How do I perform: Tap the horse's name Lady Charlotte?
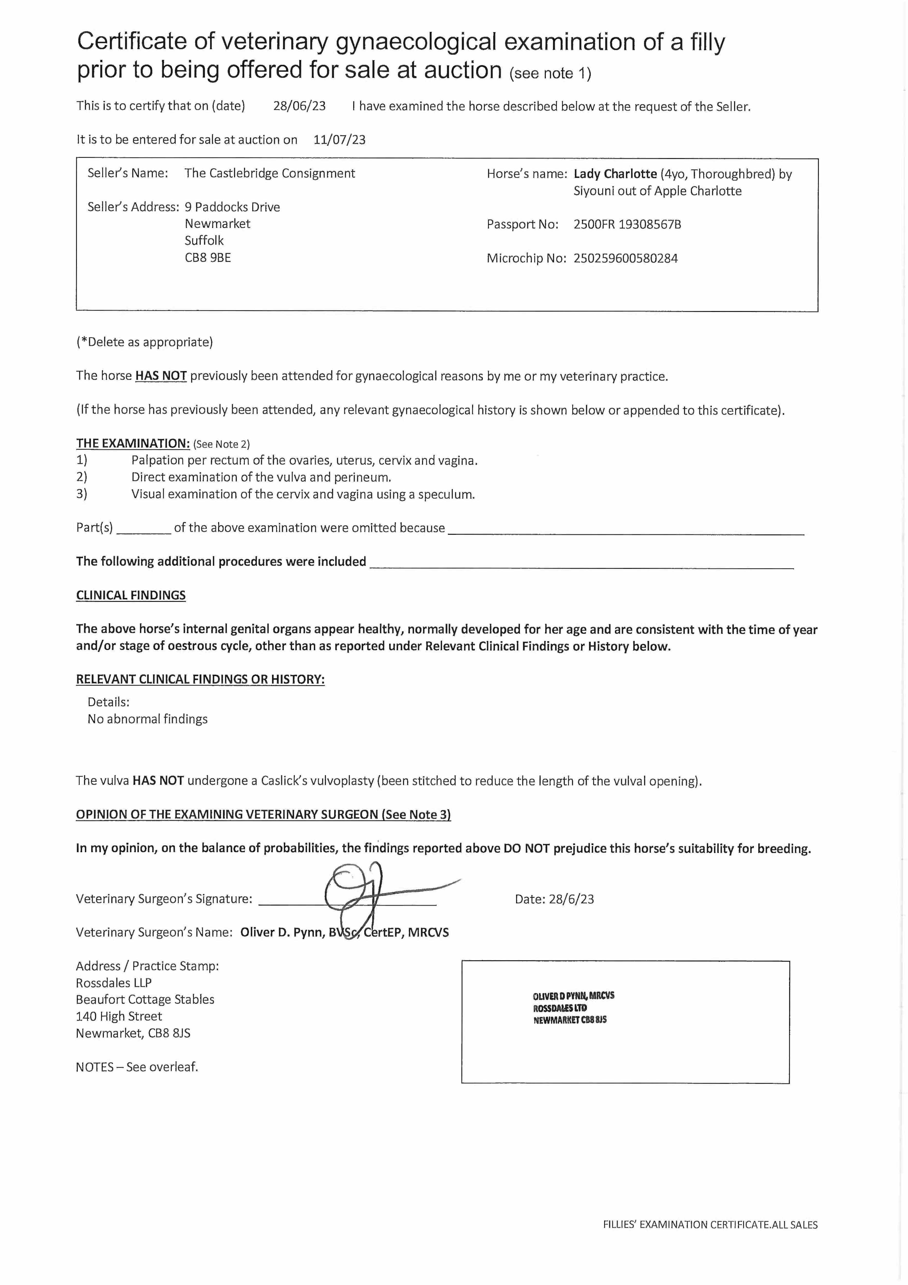click(x=615, y=174)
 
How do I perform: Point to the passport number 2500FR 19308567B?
click(x=627, y=224)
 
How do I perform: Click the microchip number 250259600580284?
click(x=625, y=259)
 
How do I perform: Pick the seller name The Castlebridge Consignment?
click(x=270, y=173)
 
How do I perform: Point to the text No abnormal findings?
click(x=147, y=719)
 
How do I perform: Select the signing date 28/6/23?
click(x=571, y=899)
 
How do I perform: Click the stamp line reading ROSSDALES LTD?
click(x=560, y=1008)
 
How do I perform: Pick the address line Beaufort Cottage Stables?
click(x=145, y=999)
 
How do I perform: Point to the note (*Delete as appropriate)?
click(x=144, y=342)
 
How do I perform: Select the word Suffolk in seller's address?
click(x=204, y=241)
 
